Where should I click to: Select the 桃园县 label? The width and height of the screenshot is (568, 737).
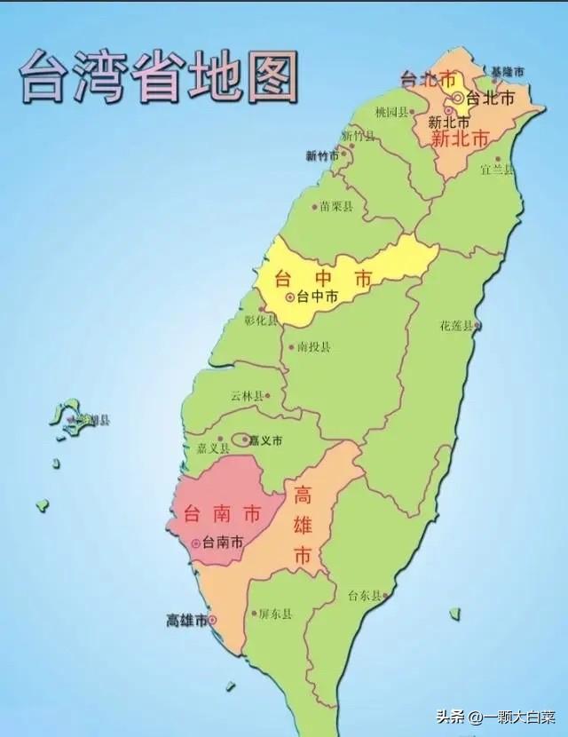click(x=391, y=113)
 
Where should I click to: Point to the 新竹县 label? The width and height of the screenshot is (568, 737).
click(x=358, y=136)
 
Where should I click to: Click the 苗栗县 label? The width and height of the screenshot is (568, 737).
click(x=336, y=206)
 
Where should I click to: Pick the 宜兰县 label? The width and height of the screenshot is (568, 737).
click(x=497, y=168)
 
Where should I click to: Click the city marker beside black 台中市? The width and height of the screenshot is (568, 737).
click(x=289, y=297)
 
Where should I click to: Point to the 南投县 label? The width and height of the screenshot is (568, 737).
click(x=314, y=346)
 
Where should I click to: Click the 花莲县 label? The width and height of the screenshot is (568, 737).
click(x=457, y=325)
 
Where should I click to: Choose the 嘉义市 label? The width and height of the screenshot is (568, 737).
click(x=265, y=440)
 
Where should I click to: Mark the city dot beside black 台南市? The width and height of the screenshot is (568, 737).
click(x=195, y=543)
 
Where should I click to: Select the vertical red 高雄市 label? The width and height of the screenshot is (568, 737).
click(x=303, y=526)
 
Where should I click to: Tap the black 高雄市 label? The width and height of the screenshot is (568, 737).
click(x=186, y=620)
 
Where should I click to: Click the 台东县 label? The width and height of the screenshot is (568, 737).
click(x=364, y=595)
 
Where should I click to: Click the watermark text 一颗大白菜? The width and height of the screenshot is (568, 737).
click(x=513, y=716)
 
